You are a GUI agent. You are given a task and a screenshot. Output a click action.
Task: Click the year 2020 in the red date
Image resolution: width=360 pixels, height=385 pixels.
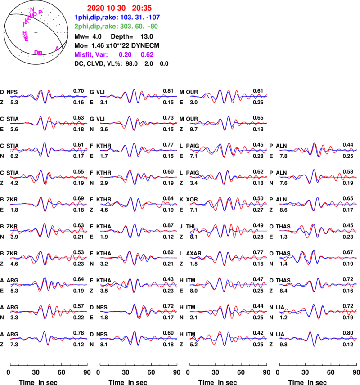click(x=94, y=8)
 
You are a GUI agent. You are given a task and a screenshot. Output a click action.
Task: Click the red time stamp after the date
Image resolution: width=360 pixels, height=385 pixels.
click(x=142, y=8)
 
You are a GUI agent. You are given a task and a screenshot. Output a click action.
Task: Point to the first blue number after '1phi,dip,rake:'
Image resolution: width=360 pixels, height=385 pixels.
click(x=126, y=18)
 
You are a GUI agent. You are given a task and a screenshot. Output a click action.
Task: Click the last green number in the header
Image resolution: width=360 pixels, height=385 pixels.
click(x=153, y=27)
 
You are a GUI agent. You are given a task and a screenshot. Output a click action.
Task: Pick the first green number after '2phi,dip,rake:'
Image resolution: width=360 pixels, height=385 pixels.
click(x=126, y=27)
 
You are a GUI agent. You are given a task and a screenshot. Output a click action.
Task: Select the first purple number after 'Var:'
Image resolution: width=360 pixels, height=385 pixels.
click(x=125, y=54)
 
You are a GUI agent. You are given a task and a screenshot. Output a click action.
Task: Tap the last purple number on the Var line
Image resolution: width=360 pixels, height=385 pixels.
click(x=147, y=54)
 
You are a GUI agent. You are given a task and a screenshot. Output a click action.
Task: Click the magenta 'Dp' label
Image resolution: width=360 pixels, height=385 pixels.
click(x=38, y=53)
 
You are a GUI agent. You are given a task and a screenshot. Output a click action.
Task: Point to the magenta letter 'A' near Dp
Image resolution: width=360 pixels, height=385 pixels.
click(x=57, y=48)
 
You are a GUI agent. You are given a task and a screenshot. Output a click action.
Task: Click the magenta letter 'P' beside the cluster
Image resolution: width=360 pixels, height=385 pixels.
click(x=40, y=12)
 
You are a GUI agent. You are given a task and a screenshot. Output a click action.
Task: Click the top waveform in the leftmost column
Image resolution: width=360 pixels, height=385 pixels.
click(x=49, y=96)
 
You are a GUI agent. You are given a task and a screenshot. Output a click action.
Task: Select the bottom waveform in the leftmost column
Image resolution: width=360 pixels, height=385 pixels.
click(x=49, y=338)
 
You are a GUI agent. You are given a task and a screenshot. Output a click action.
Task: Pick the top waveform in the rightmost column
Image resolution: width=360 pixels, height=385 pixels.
click(x=319, y=149)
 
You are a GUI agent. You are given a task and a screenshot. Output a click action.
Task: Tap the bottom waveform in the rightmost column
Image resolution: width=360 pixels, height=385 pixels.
click(x=319, y=338)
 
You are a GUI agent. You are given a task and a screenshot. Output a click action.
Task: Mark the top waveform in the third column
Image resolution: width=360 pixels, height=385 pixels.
click(x=229, y=96)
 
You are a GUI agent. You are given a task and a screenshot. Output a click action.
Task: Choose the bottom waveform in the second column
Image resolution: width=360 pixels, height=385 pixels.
click(x=139, y=338)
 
